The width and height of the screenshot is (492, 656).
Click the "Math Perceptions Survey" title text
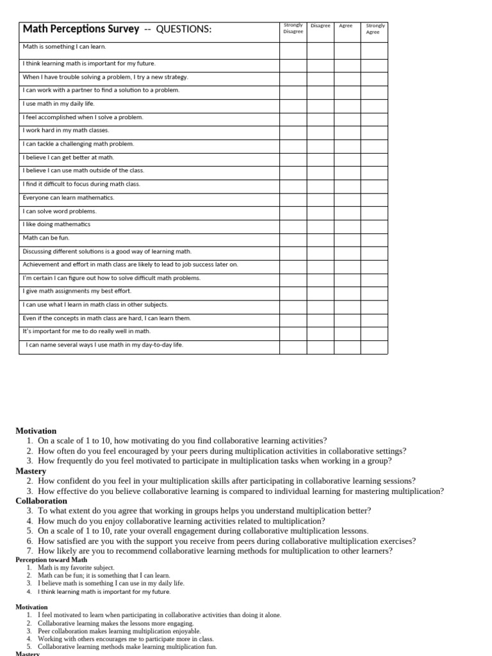pos(81,29)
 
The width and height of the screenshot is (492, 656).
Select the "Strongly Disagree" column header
pos(293,29)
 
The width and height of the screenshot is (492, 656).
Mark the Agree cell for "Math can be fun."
pos(347,238)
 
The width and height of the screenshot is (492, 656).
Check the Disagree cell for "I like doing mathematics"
pos(320,224)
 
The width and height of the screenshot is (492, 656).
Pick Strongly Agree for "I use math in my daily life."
pos(373,103)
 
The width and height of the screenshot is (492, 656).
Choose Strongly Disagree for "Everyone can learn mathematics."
pos(293,197)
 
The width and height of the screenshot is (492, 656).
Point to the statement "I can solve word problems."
pos(60,211)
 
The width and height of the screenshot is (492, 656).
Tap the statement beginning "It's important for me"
pos(86,331)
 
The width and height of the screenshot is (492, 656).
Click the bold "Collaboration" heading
pos(41,501)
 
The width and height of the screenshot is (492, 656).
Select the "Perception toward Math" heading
pos(51,559)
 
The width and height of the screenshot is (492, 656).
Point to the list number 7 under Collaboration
pos(29,551)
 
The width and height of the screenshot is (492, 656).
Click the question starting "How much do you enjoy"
pos(181,521)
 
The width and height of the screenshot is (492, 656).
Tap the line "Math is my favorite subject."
pos(76,568)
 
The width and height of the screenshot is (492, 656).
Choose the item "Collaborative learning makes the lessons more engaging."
pos(115,623)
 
